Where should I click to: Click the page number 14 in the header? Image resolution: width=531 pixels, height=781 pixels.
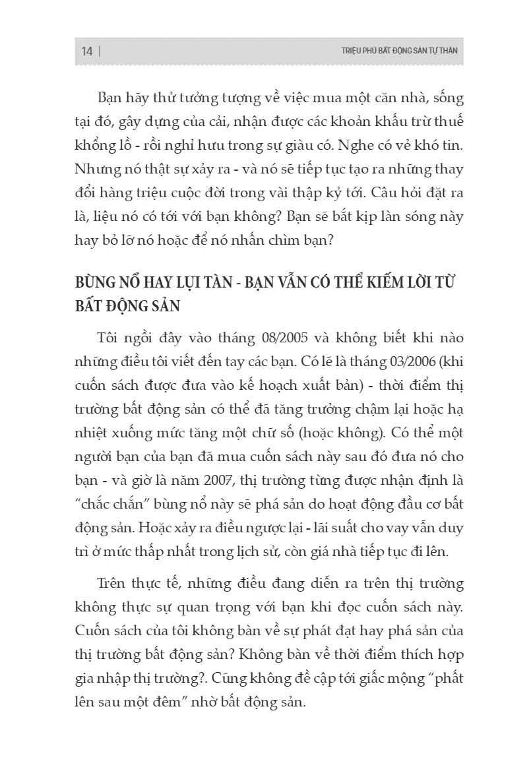click(87, 51)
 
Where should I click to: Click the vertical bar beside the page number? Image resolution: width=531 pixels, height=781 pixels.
click(100, 51)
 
